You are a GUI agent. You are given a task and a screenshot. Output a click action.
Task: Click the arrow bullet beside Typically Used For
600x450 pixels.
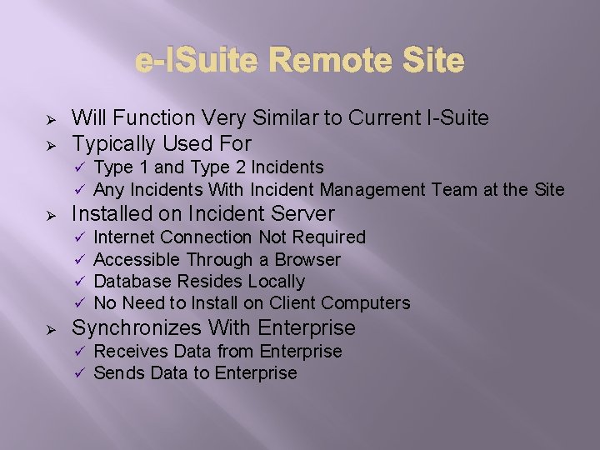click(x=50, y=144)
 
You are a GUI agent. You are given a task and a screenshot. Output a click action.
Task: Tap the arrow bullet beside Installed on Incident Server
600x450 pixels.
click(x=50, y=214)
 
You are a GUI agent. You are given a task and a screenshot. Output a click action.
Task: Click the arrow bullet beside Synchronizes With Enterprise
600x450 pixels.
click(x=50, y=328)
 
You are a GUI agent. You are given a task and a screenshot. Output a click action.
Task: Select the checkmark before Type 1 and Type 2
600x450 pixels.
click(x=80, y=168)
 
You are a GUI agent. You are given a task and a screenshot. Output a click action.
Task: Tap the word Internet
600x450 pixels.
click(x=125, y=237)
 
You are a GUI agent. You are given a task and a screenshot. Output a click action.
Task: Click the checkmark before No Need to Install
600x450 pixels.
click(x=80, y=303)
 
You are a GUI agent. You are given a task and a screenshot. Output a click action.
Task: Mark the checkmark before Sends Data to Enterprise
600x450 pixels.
click(x=80, y=373)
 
